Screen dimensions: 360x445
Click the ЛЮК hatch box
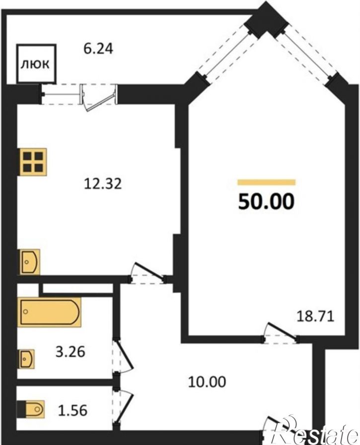pos(36,64)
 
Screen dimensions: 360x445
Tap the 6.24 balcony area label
pos(98,48)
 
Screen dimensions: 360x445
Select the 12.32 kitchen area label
pos(103,184)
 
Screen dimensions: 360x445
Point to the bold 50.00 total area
pos(266,201)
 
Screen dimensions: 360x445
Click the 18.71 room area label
pos(315,316)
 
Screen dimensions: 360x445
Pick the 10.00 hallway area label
pos(207,381)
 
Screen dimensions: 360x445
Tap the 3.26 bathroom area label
pos(70,352)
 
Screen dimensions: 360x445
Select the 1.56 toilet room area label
pos(72,410)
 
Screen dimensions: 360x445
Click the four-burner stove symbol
pos(33,162)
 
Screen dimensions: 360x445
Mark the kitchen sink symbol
pos(30,261)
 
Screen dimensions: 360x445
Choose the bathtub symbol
pos(49,312)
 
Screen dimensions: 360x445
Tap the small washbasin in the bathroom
pos(26,359)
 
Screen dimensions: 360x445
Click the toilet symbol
pos(31,409)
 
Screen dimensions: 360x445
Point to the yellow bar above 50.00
pos(267,182)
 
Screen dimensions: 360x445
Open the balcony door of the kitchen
pos(98,97)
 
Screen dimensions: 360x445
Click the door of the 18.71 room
pos(281,332)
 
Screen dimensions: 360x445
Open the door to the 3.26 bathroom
pos(123,355)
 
